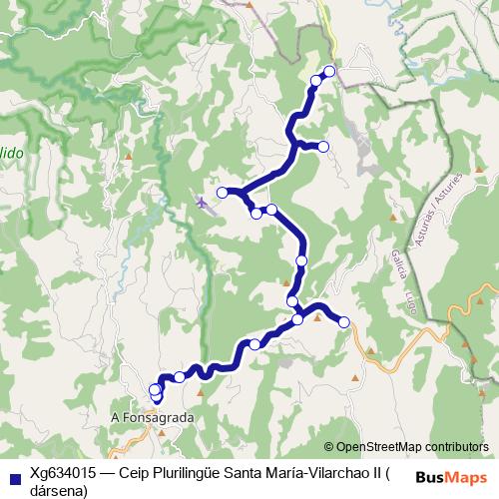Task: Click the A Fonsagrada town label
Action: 153,418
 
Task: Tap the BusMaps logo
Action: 451,477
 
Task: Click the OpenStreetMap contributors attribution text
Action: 411,447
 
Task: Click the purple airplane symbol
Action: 204,203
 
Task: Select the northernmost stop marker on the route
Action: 328,71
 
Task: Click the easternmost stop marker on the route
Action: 344,321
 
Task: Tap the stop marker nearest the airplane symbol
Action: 223,192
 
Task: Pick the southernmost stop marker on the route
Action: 156,397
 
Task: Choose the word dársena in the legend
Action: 59,491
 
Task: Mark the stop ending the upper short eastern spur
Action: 322,147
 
